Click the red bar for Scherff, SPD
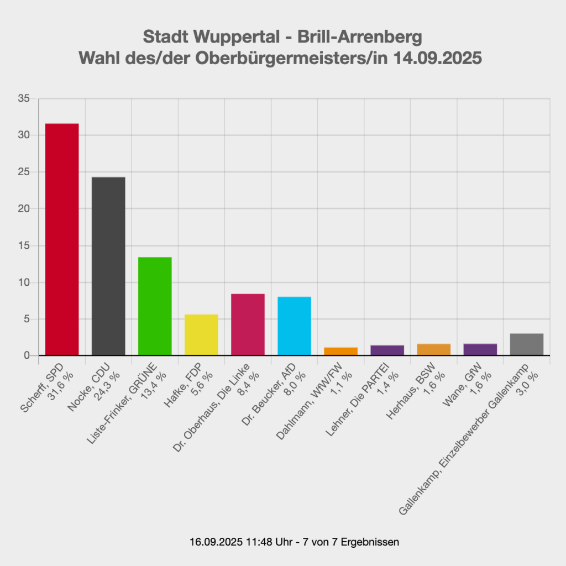(x=62, y=239)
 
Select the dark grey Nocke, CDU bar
(x=108, y=266)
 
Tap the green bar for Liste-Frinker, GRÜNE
(x=155, y=306)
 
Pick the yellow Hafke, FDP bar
(x=201, y=335)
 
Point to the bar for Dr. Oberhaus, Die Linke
(x=248, y=324)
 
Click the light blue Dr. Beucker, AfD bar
(x=294, y=326)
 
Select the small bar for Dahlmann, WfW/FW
(x=340, y=352)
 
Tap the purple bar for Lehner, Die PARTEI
(x=387, y=350)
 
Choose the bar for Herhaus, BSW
(x=433, y=350)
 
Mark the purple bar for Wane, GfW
(x=480, y=350)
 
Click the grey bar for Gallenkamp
(x=527, y=344)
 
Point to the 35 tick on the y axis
(x=24, y=98)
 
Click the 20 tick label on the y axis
(x=24, y=208)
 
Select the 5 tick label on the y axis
(x=27, y=319)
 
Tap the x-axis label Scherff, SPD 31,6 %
(x=47, y=387)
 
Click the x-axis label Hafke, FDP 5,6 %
(x=188, y=385)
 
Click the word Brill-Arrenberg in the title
(x=359, y=37)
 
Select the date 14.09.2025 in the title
(x=438, y=58)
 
